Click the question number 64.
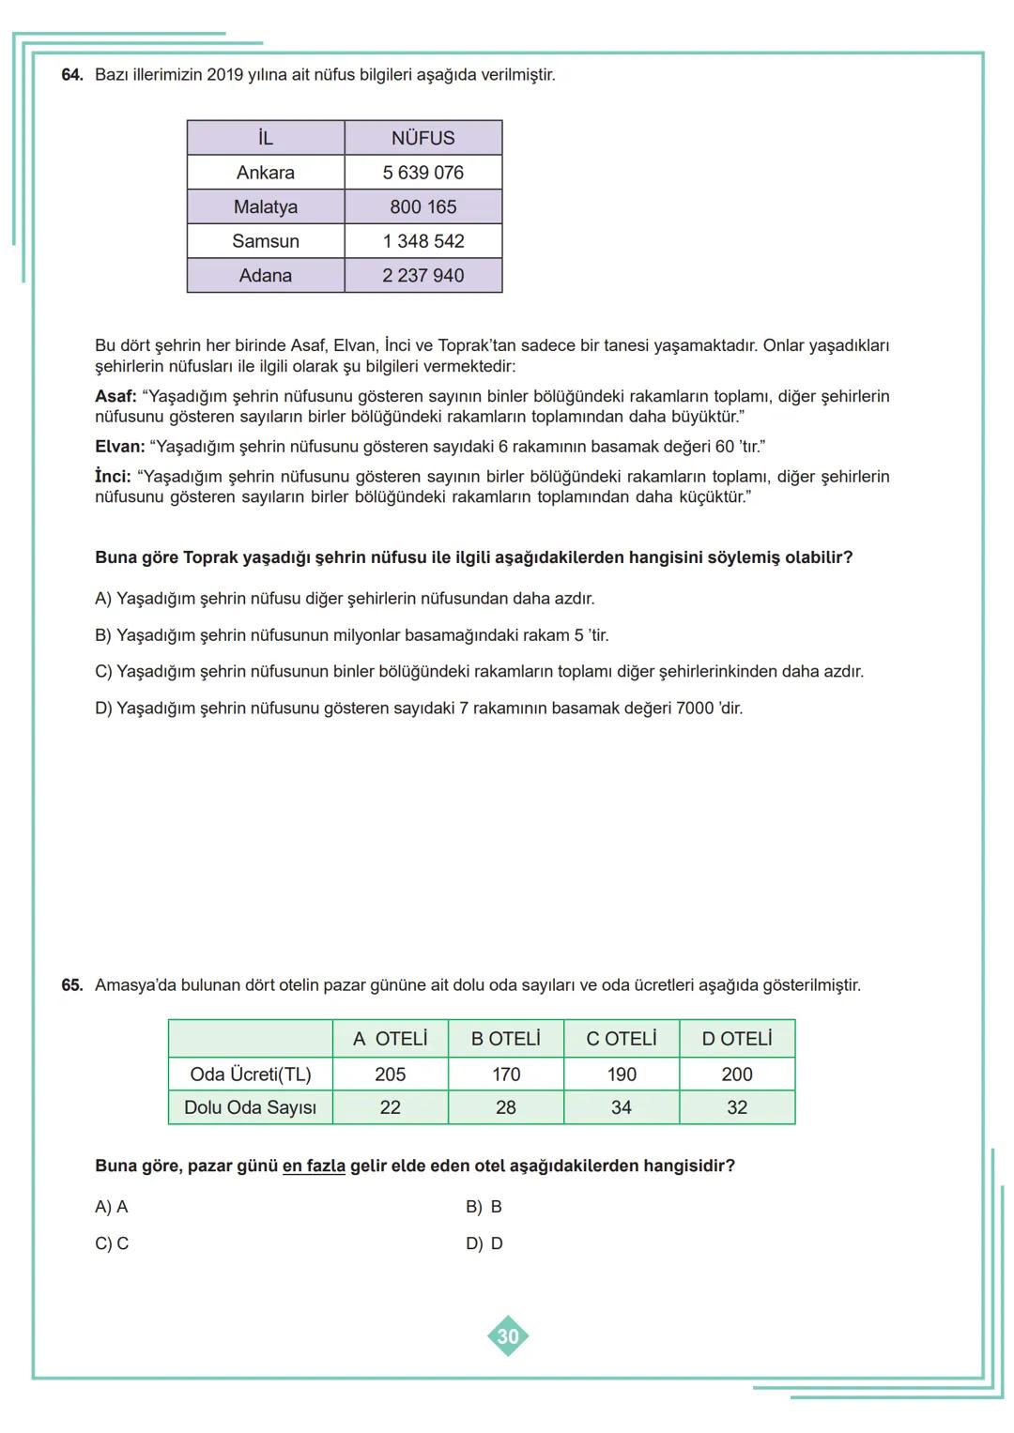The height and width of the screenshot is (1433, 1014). [71, 75]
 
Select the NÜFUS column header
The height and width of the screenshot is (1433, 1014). [422, 138]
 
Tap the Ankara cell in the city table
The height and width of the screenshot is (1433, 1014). [266, 173]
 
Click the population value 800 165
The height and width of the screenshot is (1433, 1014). [422, 206]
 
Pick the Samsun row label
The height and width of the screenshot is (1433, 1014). [266, 241]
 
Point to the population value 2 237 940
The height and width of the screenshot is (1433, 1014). [422, 276]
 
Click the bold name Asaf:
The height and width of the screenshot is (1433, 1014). [115, 397]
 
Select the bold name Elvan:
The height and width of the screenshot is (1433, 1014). [119, 447]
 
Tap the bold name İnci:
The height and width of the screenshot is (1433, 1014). [113, 477]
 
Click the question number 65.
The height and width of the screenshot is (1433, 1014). [71, 985]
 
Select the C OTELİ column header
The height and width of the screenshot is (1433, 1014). [622, 1039]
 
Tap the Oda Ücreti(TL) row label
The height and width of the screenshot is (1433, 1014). [250, 1075]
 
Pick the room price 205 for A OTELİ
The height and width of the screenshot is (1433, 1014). [391, 1075]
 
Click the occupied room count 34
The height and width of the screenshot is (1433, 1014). [622, 1107]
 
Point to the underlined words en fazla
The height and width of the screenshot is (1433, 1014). [314, 1166]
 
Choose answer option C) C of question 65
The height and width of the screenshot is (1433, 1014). [111, 1243]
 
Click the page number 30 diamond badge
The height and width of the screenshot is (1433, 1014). [508, 1336]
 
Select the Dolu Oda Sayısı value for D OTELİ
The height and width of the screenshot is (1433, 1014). [737, 1107]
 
